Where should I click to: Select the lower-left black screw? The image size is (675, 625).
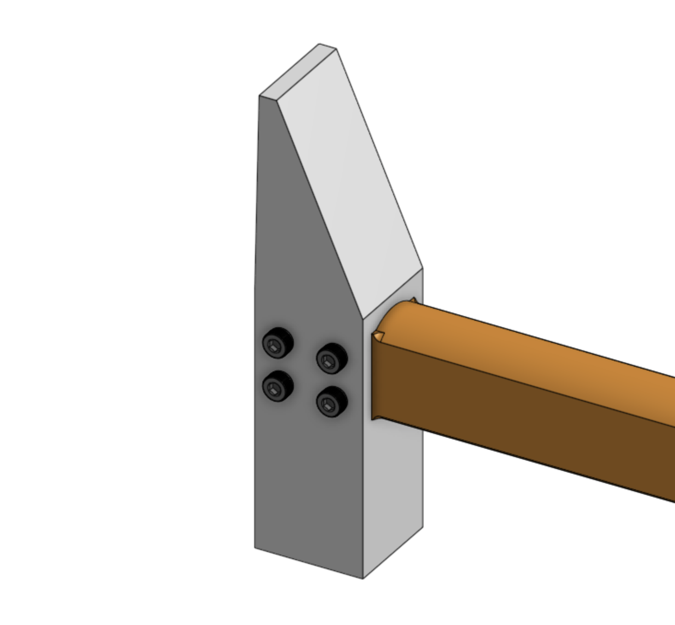click(278, 386)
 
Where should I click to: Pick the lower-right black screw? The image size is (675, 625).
click(332, 401)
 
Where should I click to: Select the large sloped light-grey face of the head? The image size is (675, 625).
click(350, 184)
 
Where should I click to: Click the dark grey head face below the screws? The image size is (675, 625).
click(308, 483)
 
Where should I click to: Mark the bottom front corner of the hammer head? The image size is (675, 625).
click(363, 578)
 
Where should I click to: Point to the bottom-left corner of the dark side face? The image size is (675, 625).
click(255, 547)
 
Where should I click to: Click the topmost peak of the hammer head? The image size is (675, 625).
click(320, 44)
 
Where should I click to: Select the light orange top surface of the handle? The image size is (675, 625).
click(530, 350)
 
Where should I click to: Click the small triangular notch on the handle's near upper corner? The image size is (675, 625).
click(378, 336)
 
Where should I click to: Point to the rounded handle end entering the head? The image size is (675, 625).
click(396, 313)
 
